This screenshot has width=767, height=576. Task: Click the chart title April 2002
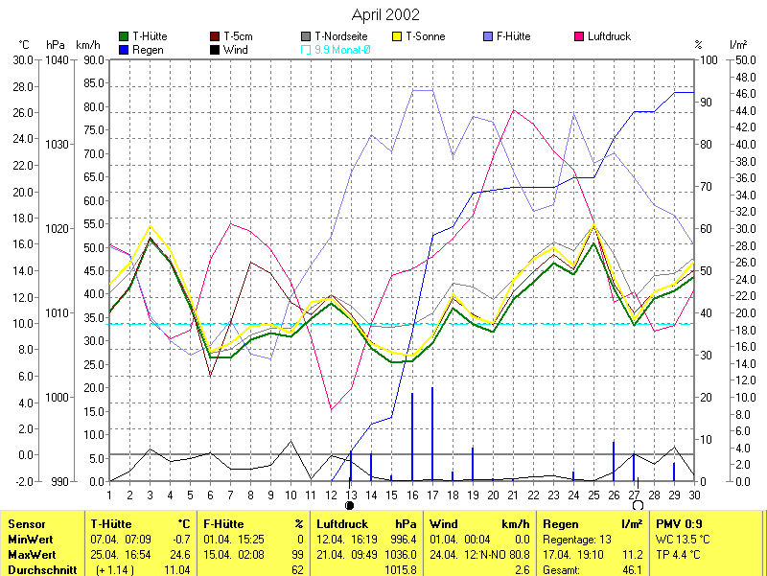point(384,15)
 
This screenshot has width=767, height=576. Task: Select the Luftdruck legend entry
point(608,36)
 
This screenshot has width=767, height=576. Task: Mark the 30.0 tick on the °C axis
point(21,59)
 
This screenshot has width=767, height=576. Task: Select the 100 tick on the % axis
point(711,59)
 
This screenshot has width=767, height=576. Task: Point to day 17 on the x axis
point(432,495)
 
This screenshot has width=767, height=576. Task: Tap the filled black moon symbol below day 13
point(350,505)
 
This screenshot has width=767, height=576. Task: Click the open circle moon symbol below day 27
point(638,505)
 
